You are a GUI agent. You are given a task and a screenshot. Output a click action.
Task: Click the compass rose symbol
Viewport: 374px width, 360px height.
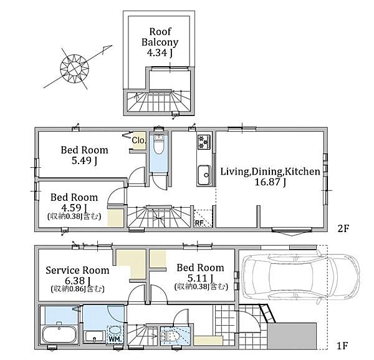[75, 69]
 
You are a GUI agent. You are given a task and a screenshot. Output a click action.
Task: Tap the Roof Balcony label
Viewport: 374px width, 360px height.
[160, 37]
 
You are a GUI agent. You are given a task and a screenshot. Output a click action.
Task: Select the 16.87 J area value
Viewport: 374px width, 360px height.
[271, 182]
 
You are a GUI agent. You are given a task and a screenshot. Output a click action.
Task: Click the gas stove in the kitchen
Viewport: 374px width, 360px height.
[204, 142]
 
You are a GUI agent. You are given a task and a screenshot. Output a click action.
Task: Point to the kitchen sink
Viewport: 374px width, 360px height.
[204, 175]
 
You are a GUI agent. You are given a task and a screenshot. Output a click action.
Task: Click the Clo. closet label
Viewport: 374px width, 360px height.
[138, 140]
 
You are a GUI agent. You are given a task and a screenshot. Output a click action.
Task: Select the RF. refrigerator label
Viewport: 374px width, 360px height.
[199, 223]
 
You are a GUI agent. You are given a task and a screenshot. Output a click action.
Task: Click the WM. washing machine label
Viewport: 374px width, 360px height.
[116, 339]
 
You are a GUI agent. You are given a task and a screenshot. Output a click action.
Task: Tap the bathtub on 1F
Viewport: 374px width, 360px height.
[59, 334]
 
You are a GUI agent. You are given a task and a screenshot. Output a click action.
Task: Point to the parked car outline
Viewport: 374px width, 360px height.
[300, 278]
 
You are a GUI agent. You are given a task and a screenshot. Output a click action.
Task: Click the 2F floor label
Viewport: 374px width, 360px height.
[343, 229]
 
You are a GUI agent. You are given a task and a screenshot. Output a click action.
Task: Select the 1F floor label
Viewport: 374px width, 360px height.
[342, 346]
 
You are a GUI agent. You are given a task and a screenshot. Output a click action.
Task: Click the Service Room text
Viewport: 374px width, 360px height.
[77, 270]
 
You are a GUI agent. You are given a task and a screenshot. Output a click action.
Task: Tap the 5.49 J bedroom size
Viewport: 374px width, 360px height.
[84, 161]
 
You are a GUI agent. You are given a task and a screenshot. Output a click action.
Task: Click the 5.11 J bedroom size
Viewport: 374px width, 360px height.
[200, 278]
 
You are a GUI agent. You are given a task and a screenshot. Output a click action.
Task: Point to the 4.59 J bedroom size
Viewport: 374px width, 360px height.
[74, 208]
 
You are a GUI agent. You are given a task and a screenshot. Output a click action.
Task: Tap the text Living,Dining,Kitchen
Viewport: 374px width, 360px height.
[270, 172]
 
